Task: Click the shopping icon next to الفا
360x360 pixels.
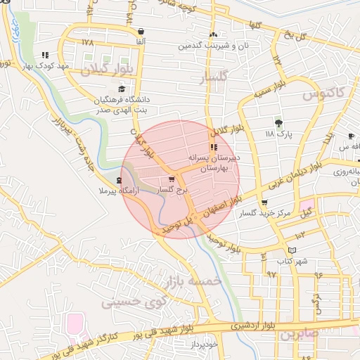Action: click(x=142, y=32)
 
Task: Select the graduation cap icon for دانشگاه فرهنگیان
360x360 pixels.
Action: click(x=122, y=89)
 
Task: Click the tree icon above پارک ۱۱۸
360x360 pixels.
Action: click(x=278, y=123)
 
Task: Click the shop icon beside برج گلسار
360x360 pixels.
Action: click(x=172, y=180)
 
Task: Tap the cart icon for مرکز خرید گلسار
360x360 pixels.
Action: click(x=264, y=203)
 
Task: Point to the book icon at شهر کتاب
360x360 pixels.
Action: click(x=292, y=251)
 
